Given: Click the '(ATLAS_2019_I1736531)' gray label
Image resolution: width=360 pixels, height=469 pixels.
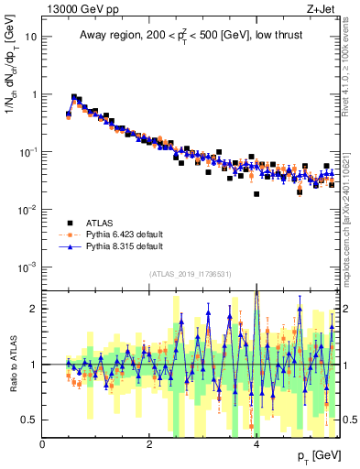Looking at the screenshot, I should tap(191, 275).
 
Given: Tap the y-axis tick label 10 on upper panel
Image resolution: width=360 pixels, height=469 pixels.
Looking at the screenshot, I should tap(31, 38).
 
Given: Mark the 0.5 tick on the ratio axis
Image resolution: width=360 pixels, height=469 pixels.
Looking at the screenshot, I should tap(30, 420).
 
